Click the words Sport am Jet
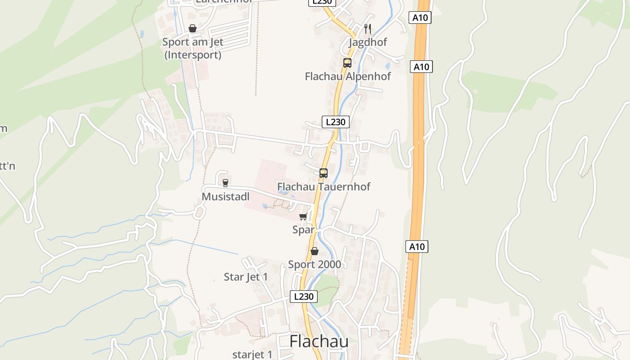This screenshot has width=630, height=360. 193,42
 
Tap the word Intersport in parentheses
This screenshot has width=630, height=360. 193,55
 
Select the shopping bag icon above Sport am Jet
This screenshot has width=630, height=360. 193,29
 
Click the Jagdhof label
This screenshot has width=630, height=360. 368,42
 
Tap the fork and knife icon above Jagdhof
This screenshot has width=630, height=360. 368,29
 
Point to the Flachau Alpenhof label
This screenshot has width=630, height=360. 348,76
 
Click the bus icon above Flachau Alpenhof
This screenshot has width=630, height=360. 347,63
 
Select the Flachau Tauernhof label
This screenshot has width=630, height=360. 324,186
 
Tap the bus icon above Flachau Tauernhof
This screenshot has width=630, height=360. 323,173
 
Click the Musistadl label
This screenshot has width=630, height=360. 225,197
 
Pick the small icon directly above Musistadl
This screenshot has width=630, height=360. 225,183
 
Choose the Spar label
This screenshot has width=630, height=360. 303,229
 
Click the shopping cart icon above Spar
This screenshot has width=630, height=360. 303,217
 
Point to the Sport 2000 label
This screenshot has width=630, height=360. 315,264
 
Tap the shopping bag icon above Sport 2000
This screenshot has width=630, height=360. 315,251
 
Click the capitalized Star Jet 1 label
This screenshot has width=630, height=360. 246,277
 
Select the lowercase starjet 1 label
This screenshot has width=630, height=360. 252,355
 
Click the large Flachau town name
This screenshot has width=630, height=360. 319,342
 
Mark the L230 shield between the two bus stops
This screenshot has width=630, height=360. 335,122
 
